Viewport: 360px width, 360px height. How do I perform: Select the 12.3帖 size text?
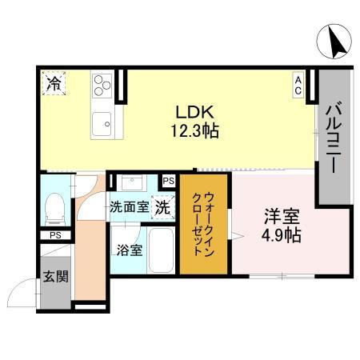coord(193,129)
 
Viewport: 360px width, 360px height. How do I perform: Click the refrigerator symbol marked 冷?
coord(54,82)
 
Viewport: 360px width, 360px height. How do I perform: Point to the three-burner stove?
coord(102,86)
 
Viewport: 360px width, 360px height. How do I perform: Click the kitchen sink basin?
coord(102,124)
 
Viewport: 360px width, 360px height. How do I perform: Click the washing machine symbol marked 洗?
coord(162,206)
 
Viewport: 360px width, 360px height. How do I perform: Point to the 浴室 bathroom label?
coord(130,249)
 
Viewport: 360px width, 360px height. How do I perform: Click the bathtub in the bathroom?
coord(162,250)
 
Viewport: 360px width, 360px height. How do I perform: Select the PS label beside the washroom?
coord(168,182)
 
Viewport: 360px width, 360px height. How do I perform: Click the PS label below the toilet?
coord(54,236)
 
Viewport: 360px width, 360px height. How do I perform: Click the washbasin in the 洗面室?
coord(130,182)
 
